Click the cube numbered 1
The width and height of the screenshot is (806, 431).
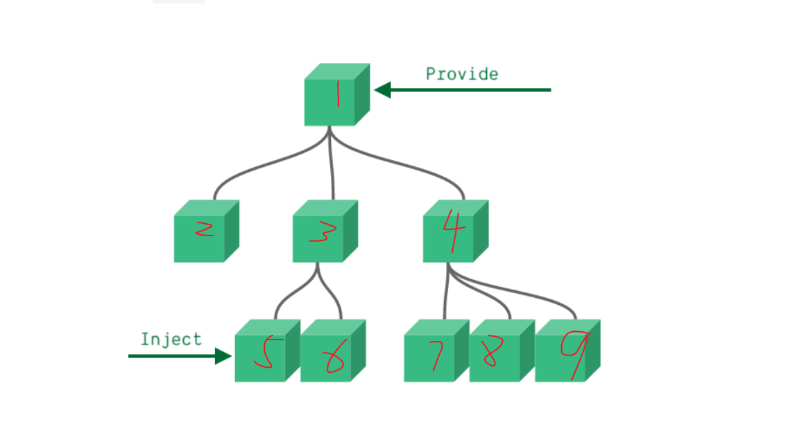click(x=330, y=101)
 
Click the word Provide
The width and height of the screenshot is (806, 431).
click(x=462, y=73)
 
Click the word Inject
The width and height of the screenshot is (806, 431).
click(x=171, y=339)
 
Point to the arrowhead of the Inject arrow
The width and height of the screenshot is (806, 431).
click(x=223, y=356)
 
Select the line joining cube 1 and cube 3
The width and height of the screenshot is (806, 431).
click(x=332, y=166)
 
